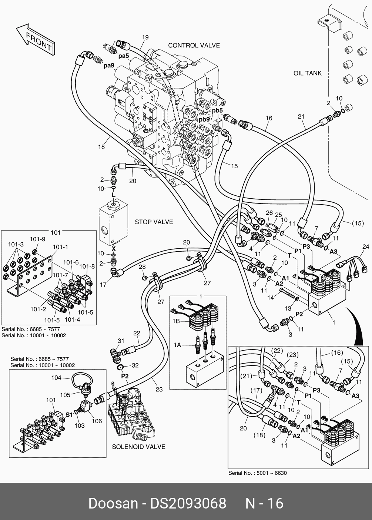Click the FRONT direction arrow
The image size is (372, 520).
click(x=36, y=40)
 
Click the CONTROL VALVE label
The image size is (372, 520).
click(x=194, y=46)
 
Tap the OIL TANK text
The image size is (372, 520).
click(x=308, y=73)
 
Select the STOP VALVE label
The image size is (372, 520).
click(x=154, y=222)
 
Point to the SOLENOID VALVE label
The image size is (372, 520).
click(x=138, y=447)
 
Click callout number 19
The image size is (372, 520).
click(x=145, y=37)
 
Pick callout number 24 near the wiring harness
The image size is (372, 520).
click(x=366, y=246)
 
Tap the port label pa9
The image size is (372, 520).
click(x=109, y=66)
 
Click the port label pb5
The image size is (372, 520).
click(x=217, y=110)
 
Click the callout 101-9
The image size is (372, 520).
click(x=37, y=239)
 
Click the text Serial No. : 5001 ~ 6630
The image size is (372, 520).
click(x=257, y=473)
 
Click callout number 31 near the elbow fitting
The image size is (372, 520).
click(x=121, y=341)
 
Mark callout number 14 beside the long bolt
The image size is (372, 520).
click(x=271, y=297)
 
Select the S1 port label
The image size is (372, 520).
click(x=69, y=414)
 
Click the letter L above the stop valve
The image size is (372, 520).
click(x=114, y=195)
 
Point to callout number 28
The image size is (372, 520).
click(x=142, y=267)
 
